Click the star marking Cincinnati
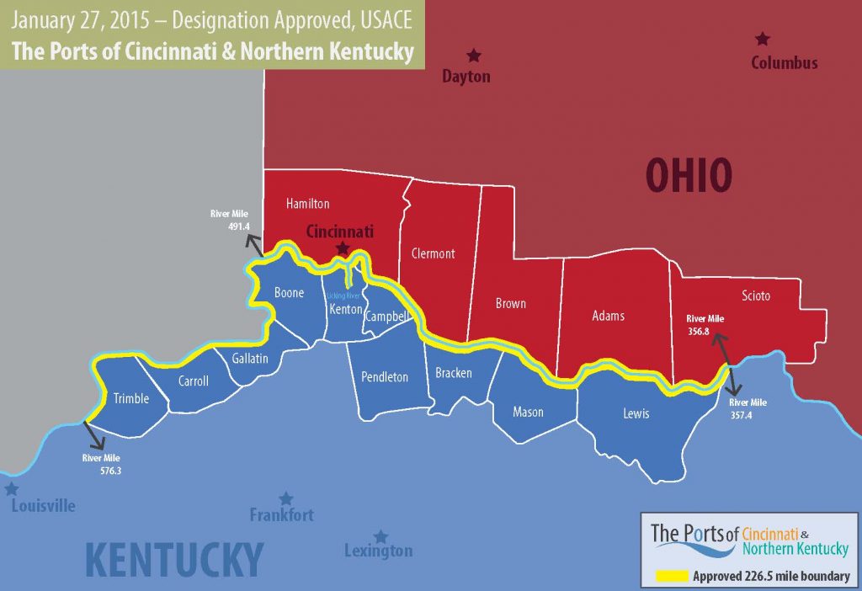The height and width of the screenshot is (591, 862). tap(342, 248)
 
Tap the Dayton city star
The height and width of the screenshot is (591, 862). tap(474, 56)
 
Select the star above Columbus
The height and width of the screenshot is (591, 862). tap(763, 39)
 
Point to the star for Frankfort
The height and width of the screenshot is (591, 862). tap(286, 498)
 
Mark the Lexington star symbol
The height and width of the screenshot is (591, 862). tap(380, 536)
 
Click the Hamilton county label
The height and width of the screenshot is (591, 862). tap(307, 204)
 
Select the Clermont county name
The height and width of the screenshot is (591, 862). tap(433, 253)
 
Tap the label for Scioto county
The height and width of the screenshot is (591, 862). tap(756, 295)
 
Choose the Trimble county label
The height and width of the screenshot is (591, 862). tap(130, 398)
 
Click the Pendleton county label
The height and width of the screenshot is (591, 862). tap(385, 376)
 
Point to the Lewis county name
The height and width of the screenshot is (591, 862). tap(636, 413)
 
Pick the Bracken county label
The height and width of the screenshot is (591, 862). tap(454, 373)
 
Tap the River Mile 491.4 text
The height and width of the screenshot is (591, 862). tap(230, 221)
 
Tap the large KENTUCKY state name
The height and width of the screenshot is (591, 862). tap(174, 559)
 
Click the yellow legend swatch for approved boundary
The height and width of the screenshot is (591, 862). tap(671, 577)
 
